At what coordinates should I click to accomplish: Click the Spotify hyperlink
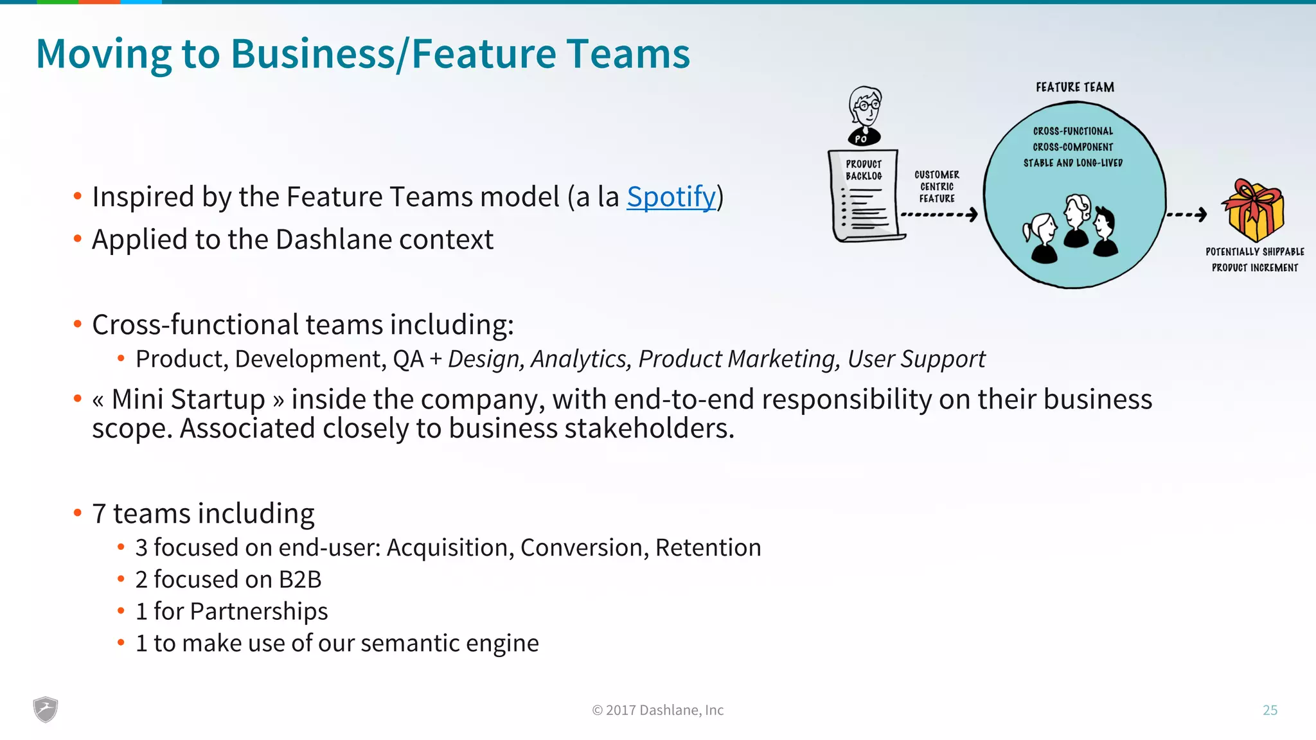tap(671, 197)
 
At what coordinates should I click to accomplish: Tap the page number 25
tap(1270, 710)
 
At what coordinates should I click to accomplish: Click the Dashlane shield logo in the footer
tap(46, 710)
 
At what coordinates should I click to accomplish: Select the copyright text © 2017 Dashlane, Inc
tap(657, 710)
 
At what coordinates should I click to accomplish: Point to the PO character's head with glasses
tap(865, 107)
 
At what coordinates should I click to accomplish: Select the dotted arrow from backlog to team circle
tap(939, 215)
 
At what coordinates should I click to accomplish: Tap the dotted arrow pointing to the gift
tap(1186, 215)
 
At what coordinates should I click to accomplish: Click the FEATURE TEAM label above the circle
tap(1074, 87)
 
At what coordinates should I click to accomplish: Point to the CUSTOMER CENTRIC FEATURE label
tap(936, 186)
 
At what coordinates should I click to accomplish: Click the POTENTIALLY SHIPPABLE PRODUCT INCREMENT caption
tap(1254, 260)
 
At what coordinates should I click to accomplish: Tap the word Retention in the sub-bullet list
tap(707, 547)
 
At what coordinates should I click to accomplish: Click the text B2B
tap(299, 579)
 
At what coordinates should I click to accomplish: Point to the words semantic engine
tap(449, 643)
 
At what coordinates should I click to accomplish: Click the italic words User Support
tap(916, 359)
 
